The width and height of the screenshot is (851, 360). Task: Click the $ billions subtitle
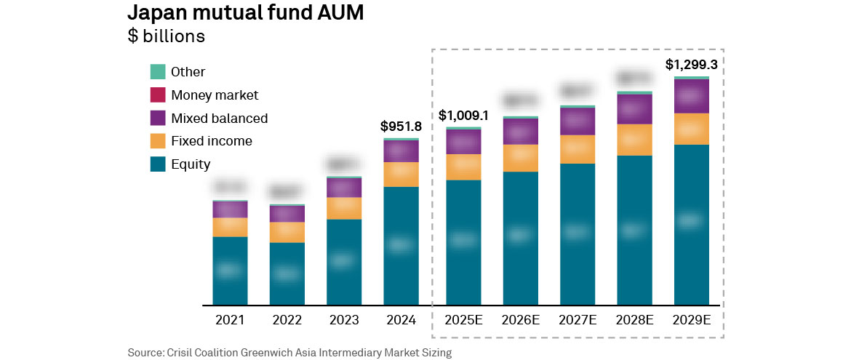pos(166,36)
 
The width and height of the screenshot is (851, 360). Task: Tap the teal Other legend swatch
pos(158,71)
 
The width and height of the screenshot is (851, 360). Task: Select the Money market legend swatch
pos(158,95)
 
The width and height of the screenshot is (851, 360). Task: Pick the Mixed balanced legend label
pos(219,118)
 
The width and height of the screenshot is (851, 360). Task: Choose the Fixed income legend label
pos(211,141)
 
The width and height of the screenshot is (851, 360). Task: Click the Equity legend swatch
pos(158,164)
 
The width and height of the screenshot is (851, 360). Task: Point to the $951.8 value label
pos(401,127)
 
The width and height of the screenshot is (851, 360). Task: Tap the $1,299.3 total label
pos(692,65)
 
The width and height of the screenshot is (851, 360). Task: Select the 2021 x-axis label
pos(230,320)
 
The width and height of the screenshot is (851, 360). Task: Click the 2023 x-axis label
pos(344,320)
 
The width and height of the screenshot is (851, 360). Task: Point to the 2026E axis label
pos(521,320)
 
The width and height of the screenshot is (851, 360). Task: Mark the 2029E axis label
pos(692,320)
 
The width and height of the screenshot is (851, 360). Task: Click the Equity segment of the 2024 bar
pos(401,245)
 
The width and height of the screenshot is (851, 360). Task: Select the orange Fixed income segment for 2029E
pos(692,129)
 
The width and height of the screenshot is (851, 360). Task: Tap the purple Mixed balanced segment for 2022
pos(287,213)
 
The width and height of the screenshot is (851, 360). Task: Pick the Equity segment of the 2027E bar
pos(578,233)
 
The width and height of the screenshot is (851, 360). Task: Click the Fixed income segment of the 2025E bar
pos(464,167)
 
